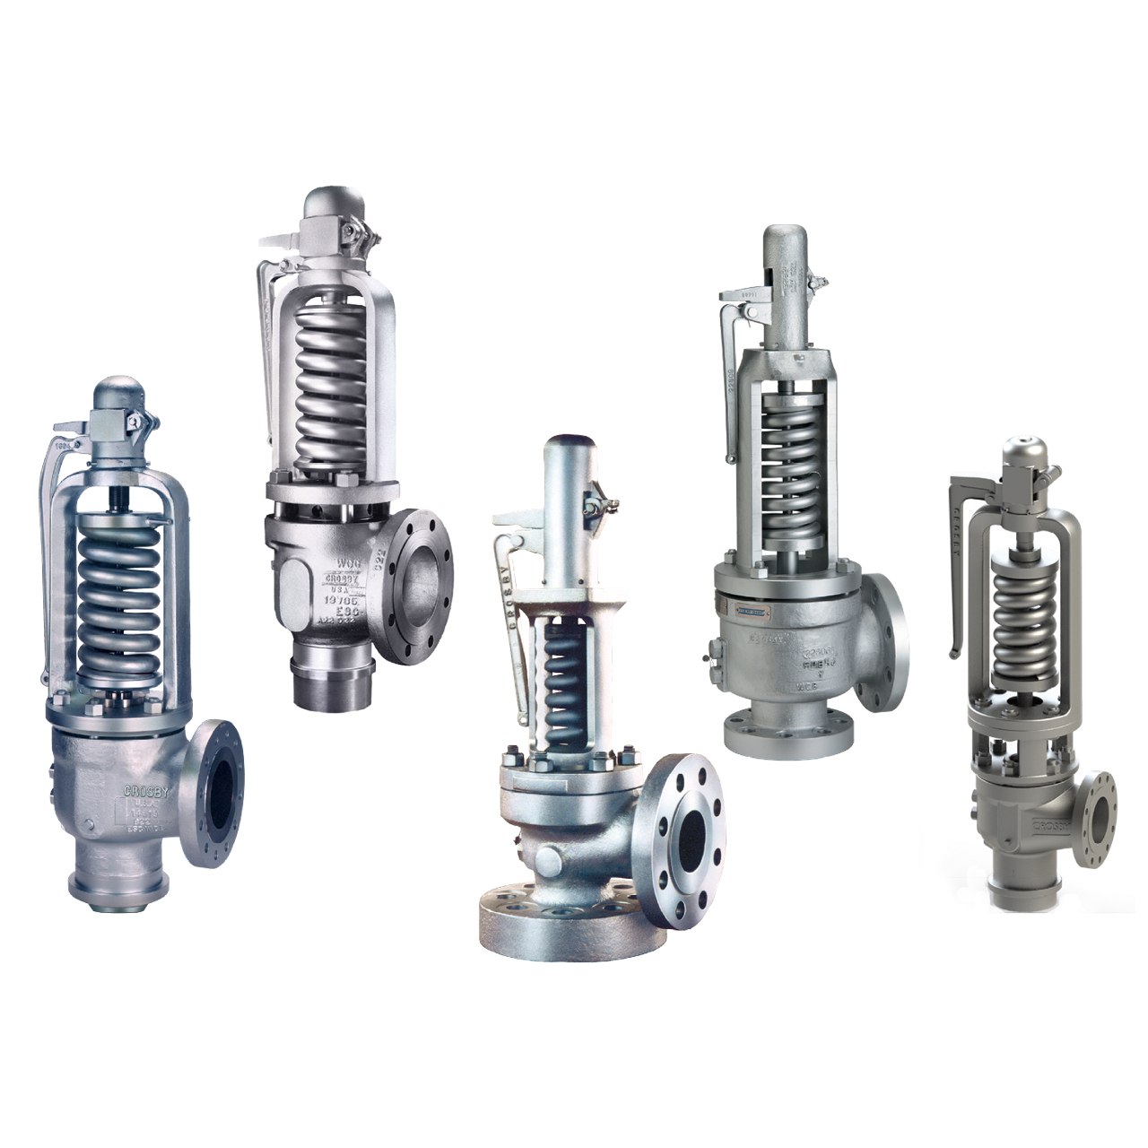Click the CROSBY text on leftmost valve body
pyautogui.click(x=144, y=792)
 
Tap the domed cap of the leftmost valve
pyautogui.click(x=119, y=396)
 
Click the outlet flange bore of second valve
pyautogui.click(x=421, y=587)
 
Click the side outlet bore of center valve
pyautogui.click(x=691, y=839)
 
